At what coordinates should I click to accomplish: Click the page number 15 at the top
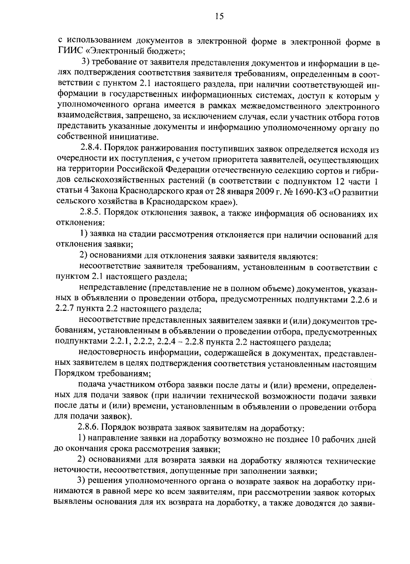220,16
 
